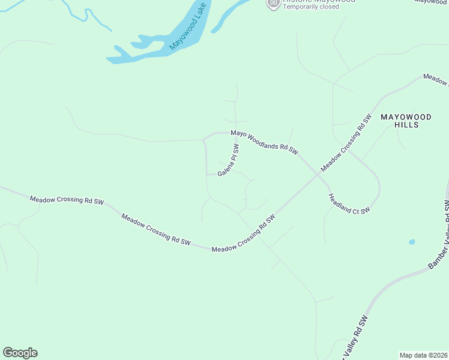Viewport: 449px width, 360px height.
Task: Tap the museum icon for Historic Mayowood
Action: point(273,3)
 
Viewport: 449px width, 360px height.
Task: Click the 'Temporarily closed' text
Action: point(311,7)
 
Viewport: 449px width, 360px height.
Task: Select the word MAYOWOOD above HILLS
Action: point(406,117)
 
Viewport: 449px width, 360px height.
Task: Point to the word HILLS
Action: point(406,125)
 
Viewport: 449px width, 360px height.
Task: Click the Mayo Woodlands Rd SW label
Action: point(264,143)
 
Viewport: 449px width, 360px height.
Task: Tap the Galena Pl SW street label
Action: point(229,160)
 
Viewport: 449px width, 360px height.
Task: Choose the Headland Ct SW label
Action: point(349,203)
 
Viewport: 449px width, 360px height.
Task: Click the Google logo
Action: point(20,353)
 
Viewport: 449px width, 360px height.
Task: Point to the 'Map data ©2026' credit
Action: point(423,355)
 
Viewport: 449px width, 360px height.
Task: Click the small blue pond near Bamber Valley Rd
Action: point(411,242)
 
